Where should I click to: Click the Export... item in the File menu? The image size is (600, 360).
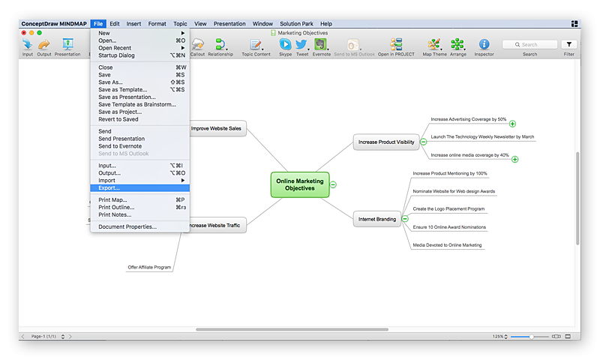click(109, 187)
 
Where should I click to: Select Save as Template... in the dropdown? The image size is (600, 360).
click(123, 89)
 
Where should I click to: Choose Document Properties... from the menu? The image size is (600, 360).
click(127, 226)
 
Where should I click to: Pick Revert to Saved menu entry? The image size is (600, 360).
click(118, 119)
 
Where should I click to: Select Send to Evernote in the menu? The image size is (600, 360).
click(120, 146)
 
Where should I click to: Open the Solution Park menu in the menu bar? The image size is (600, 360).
click(296, 24)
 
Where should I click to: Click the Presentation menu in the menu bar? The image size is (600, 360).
click(229, 24)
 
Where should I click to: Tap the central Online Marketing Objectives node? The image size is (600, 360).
click(300, 184)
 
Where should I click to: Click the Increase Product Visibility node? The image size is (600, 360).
click(386, 142)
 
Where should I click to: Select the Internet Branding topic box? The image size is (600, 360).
click(377, 219)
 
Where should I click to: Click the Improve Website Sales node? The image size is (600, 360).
click(216, 128)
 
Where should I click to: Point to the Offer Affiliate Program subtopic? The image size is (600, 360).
click(149, 267)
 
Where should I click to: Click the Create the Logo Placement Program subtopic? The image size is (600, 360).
click(448, 209)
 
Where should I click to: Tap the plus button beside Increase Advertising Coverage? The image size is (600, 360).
click(513, 124)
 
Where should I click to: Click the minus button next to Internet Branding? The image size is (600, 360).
click(405, 219)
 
